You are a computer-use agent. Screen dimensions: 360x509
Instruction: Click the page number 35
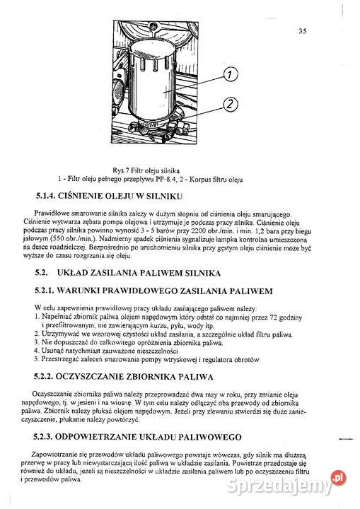click(x=302, y=30)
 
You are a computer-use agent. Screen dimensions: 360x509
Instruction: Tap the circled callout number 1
click(x=233, y=74)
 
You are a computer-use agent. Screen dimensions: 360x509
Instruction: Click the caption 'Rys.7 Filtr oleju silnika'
click(x=151, y=170)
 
